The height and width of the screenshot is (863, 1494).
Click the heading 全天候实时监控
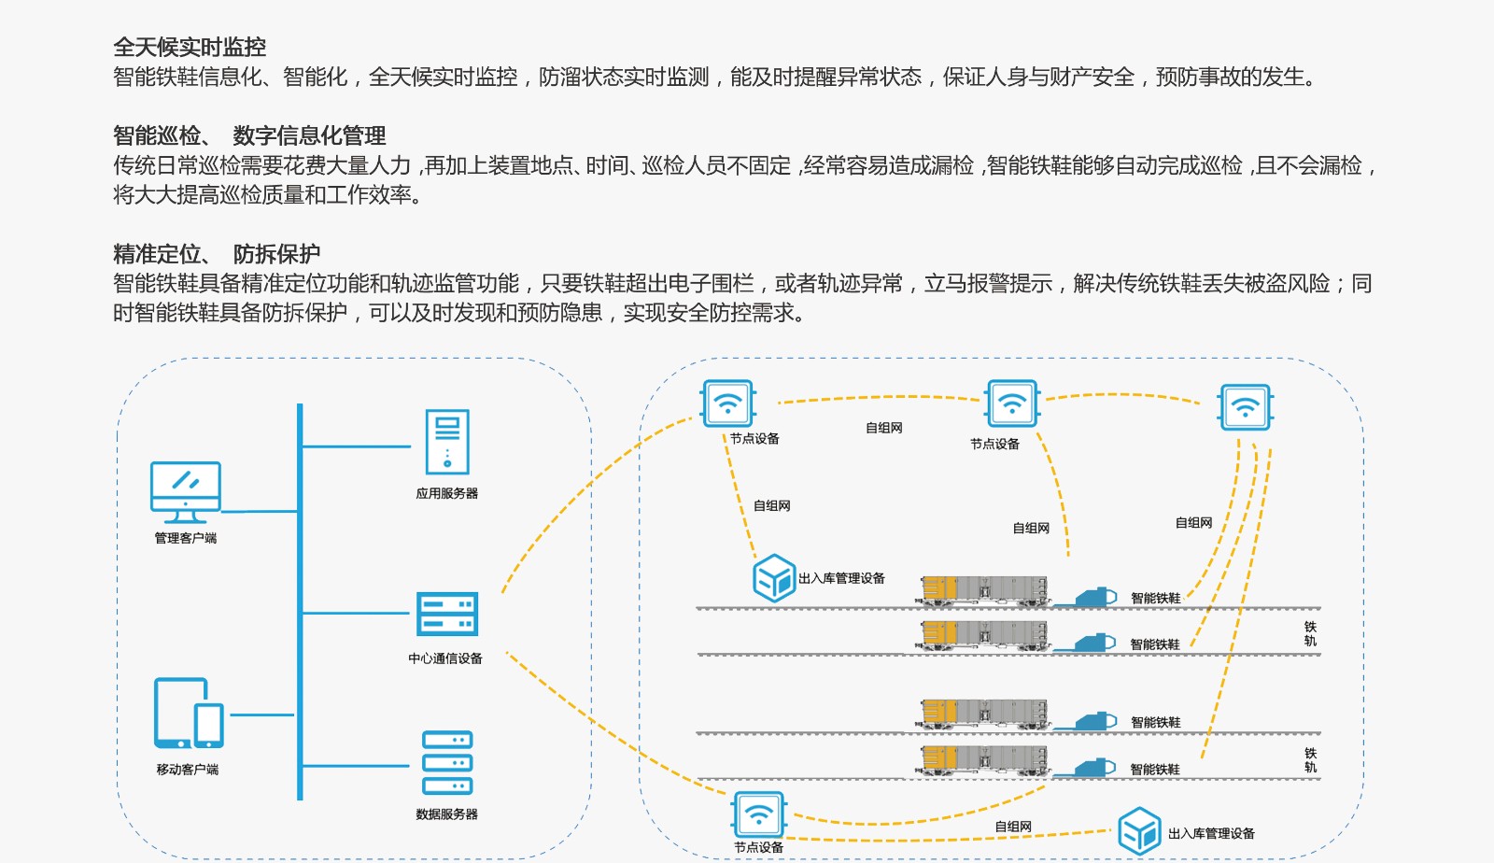190,47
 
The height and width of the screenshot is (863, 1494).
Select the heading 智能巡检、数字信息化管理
249,135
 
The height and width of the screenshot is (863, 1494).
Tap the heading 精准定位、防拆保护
217,253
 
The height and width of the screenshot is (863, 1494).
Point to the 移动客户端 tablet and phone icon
189,714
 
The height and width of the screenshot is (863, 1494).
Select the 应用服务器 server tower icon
447,442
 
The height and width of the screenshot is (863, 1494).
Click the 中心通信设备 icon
447,614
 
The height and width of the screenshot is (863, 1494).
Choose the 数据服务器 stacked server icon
447,763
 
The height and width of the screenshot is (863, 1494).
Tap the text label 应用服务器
447,493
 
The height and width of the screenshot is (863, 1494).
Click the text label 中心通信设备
445,658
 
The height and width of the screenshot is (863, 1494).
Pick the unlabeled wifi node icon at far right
1245,407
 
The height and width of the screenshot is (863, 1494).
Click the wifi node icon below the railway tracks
759,815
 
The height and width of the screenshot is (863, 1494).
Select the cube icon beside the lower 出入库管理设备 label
1139,830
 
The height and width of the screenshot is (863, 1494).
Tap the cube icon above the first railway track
774,577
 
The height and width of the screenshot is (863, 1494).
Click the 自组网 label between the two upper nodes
883,428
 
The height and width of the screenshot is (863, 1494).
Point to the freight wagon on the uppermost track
984,590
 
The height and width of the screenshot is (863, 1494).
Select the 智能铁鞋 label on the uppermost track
1155,598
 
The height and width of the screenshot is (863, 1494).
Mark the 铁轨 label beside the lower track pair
1310,760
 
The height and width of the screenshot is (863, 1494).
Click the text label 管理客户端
186,538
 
